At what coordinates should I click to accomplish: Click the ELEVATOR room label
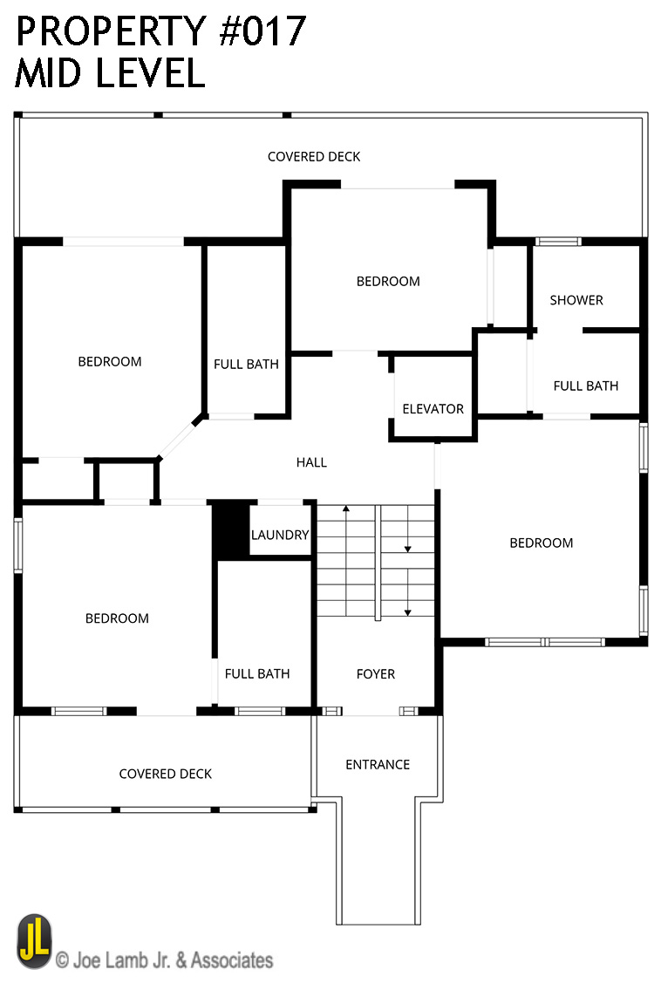coord(433,409)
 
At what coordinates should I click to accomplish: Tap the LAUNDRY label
coord(280,535)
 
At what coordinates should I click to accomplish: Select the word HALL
coord(311,463)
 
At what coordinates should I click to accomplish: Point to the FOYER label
coord(376,674)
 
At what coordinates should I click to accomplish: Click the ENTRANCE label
coord(378,765)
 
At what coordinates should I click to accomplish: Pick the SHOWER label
coord(576,300)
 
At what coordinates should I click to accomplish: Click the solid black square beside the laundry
coord(231,529)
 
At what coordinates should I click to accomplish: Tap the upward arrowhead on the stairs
coord(346,508)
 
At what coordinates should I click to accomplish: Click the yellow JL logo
coord(35,941)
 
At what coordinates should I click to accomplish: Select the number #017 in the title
coord(262,31)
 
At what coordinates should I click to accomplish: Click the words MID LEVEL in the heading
coord(110,72)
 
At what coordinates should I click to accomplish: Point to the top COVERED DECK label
coord(314,157)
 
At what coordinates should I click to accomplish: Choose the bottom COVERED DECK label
coord(166,774)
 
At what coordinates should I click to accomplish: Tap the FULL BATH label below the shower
coord(586,386)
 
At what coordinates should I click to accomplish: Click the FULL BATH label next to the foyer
coord(257,674)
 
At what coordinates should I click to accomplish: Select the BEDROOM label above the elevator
coord(388,282)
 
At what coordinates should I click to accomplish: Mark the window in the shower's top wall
coord(558,242)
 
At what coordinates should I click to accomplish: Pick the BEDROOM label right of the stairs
coord(541,543)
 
